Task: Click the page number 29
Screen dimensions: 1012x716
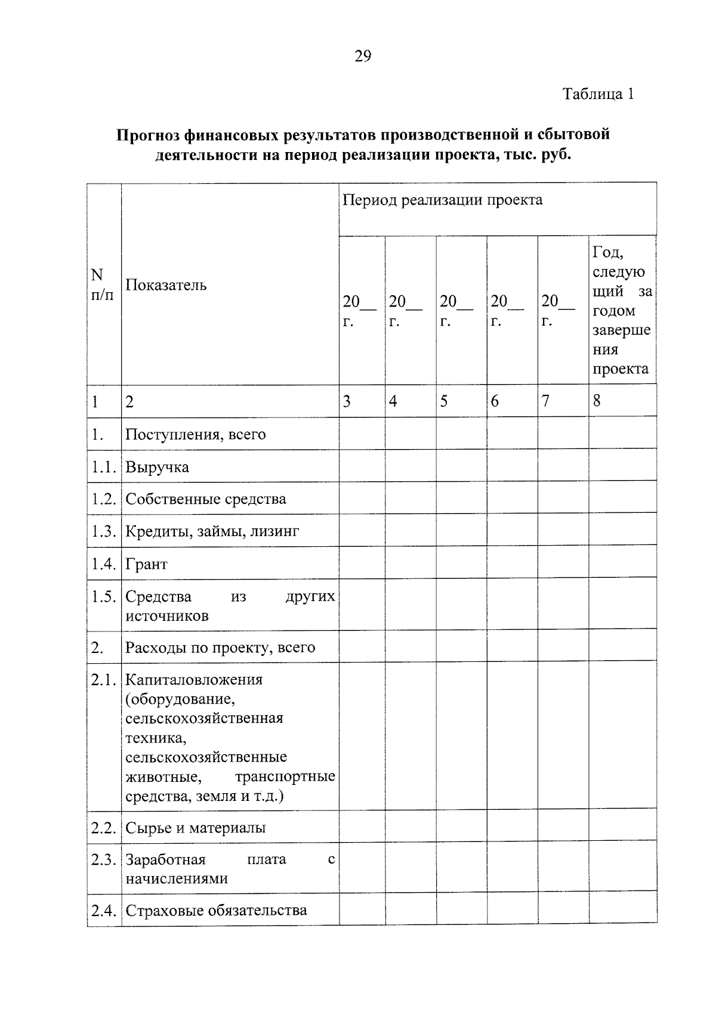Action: point(363,57)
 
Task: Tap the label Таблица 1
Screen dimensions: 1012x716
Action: point(598,94)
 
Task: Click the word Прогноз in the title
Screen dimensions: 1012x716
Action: point(147,135)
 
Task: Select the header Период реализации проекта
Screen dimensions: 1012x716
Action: point(443,200)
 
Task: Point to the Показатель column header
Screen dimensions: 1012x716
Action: point(166,285)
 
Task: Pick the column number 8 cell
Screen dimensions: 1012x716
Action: point(597,401)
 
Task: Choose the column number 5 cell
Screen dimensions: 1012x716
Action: point(444,401)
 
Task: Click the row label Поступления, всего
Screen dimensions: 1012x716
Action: point(195,434)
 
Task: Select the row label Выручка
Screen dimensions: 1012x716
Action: point(157,467)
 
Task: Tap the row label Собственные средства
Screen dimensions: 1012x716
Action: point(205,499)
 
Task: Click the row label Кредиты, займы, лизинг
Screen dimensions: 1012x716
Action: point(212,531)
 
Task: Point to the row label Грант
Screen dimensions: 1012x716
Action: point(146,564)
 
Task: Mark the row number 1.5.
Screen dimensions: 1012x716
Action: point(103,597)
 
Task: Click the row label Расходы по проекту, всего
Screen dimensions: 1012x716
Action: point(220,648)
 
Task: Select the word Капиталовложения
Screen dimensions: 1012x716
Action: point(194,680)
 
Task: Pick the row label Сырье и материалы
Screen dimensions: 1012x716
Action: point(195,828)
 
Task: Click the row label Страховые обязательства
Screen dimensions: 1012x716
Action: point(216,911)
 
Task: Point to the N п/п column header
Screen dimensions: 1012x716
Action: point(101,284)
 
